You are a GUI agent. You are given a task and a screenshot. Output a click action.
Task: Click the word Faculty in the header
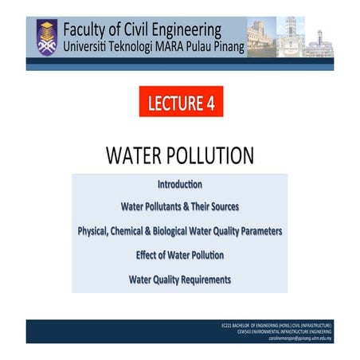[92, 25]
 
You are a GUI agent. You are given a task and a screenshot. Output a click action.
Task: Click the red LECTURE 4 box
[180, 102]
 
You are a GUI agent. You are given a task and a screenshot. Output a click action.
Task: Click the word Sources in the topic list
[221, 207]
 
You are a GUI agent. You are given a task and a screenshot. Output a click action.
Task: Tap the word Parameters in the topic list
[258, 231]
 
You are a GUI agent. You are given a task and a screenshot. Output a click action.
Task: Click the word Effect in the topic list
[149, 256]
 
